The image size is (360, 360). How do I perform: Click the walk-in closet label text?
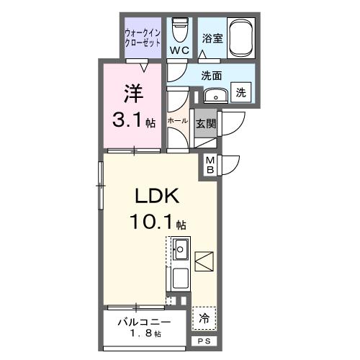(x=143, y=37)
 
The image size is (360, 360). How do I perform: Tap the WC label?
(x=179, y=50)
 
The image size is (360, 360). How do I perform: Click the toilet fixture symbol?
(x=179, y=29)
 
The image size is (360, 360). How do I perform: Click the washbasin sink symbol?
(x=214, y=96)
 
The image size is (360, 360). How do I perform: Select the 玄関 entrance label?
(x=205, y=123)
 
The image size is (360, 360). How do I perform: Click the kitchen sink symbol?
(x=180, y=251)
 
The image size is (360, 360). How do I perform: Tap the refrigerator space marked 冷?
(x=204, y=317)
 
